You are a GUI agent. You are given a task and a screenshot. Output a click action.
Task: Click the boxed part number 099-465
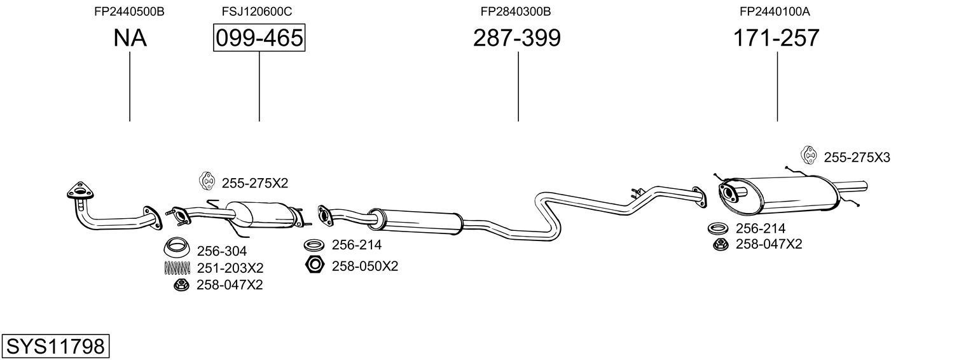(259, 38)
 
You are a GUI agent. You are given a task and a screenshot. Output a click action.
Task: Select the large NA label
(130, 38)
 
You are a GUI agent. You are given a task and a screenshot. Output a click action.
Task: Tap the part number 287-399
(516, 38)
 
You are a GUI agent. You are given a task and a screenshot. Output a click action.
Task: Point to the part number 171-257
(776, 38)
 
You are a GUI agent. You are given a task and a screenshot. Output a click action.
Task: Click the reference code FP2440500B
(129, 11)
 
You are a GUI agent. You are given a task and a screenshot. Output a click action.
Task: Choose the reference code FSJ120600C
(257, 11)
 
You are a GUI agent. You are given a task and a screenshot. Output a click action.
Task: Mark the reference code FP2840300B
(515, 11)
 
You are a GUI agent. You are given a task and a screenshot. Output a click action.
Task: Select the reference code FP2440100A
(774, 11)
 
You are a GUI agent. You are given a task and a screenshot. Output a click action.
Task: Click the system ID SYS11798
(55, 347)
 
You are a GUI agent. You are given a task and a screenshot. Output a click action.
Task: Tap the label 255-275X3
(857, 158)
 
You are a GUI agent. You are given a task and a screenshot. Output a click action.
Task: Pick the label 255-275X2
(254, 183)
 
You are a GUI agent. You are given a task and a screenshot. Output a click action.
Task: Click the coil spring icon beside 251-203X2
(177, 268)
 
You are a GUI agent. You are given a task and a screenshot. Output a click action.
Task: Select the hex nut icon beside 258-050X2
(315, 265)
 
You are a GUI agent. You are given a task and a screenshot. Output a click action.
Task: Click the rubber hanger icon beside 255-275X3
(808, 155)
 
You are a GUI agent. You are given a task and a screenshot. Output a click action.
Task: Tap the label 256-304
(221, 251)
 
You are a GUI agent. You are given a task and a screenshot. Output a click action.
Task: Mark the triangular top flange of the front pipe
(79, 191)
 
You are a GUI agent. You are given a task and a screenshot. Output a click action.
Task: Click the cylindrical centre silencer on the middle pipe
(417, 220)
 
